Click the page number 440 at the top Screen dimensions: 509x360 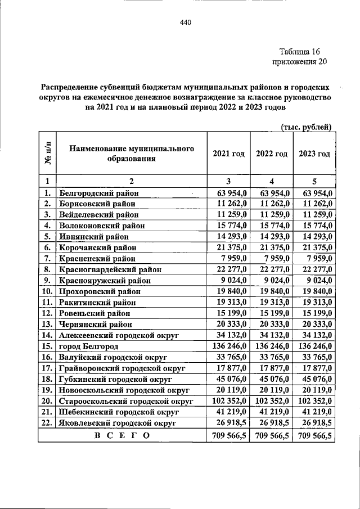(x=186, y=22)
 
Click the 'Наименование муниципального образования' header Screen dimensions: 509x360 (x=132, y=154)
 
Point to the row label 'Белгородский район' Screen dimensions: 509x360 (x=98, y=193)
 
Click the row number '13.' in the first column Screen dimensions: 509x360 (x=47, y=324)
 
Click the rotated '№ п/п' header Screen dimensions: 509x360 (x=48, y=153)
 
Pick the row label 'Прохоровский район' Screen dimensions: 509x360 (x=99, y=291)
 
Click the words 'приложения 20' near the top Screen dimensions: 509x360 (x=299, y=62)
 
